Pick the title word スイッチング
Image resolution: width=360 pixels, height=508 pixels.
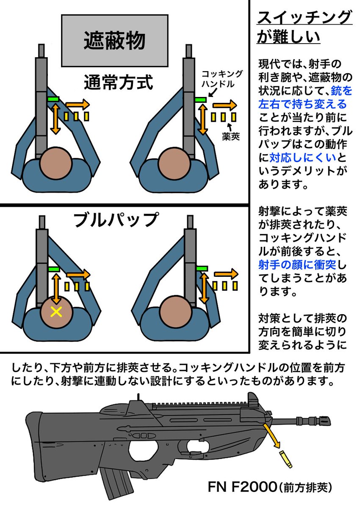coord(304,19)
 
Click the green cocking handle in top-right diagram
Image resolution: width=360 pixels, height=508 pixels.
coord(200,99)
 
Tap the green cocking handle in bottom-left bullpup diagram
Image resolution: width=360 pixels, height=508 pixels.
coord(54,269)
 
